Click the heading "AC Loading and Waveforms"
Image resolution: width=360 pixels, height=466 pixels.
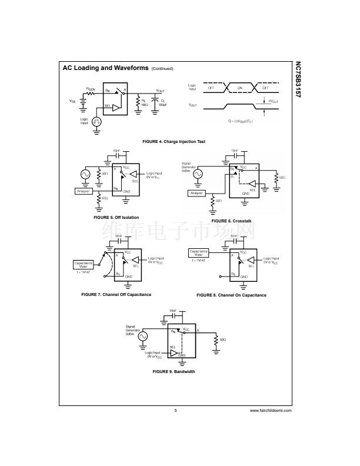coord(105,68)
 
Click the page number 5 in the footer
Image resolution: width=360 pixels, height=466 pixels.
coord(175,410)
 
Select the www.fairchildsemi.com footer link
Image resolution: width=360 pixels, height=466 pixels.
coord(271,410)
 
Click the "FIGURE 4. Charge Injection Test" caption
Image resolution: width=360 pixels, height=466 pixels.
coord(174,142)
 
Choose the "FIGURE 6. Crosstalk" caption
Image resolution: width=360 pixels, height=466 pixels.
coord(232,220)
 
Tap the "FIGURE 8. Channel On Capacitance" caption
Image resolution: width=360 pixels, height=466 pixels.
coord(231,295)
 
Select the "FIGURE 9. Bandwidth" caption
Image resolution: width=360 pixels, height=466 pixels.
coord(174,371)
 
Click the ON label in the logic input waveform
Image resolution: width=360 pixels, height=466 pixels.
coord(239,88)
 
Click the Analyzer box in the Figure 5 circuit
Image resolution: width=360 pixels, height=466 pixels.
coord(85,191)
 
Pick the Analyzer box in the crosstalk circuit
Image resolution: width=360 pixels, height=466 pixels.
coord(196,193)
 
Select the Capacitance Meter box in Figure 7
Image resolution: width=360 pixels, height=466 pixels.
coord(83,264)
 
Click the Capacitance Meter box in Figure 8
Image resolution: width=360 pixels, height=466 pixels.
coord(198,252)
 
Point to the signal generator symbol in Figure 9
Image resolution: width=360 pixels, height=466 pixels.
coord(143,337)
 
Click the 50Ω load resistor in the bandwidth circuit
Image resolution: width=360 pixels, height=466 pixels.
coord(216,340)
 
